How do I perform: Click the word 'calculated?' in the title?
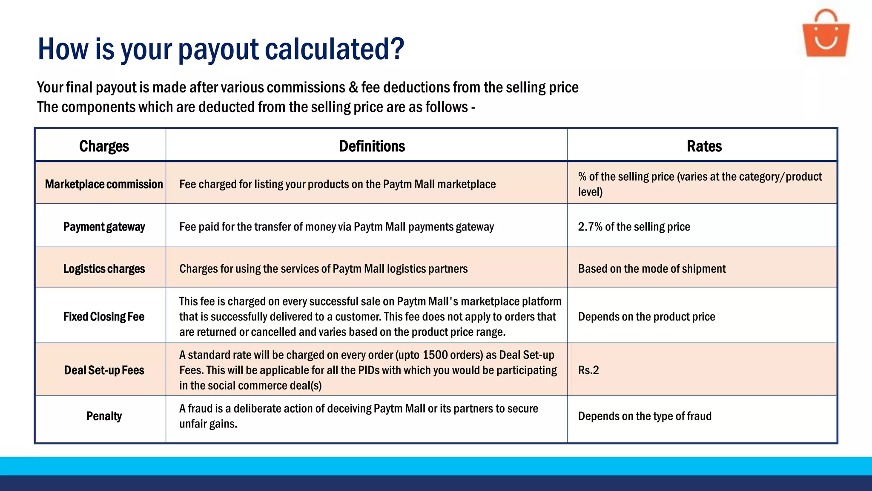[334, 49]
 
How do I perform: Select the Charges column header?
[104, 146]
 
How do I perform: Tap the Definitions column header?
[372, 146]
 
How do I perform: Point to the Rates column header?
[704, 146]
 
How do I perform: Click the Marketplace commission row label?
[104, 184]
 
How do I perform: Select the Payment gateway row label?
[104, 227]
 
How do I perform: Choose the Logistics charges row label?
[104, 269]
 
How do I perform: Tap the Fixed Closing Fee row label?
[104, 317]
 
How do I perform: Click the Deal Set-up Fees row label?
[104, 370]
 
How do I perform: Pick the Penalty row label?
[104, 416]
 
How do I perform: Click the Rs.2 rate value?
[588, 370]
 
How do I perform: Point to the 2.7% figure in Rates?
[590, 227]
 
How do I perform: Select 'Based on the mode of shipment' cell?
[651, 269]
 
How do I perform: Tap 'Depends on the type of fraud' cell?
[645, 416]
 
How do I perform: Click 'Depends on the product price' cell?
[646, 317]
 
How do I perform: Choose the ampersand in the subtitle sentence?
[353, 87]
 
